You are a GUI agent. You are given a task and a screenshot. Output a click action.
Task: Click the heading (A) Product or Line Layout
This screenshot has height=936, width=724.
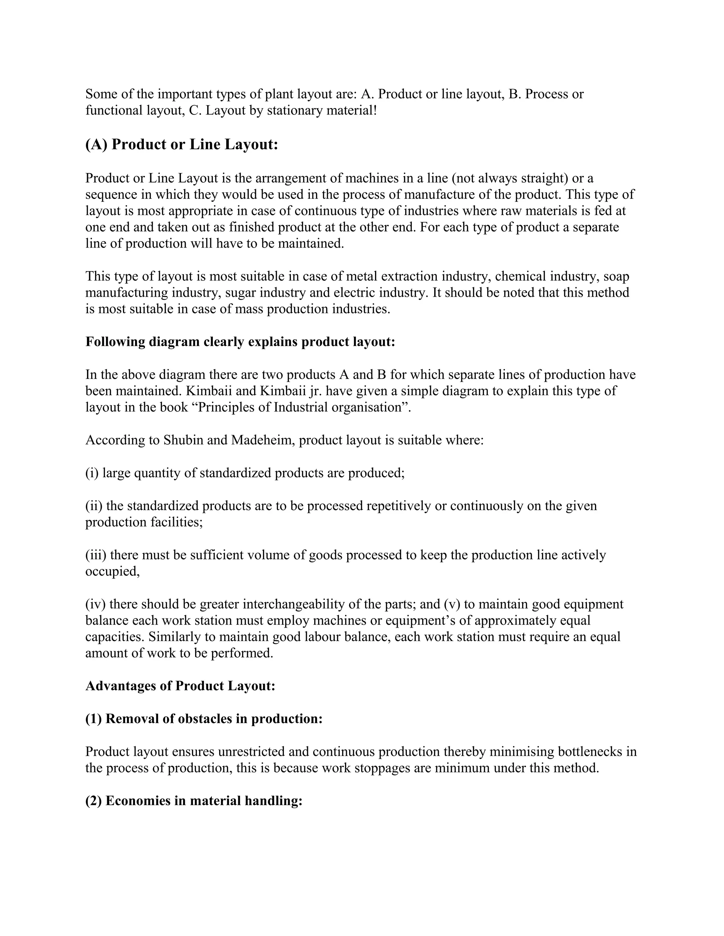(x=181, y=144)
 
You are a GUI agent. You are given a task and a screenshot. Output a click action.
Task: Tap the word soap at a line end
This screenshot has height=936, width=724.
(x=616, y=277)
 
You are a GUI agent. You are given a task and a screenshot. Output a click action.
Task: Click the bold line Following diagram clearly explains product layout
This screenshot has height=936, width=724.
(x=240, y=342)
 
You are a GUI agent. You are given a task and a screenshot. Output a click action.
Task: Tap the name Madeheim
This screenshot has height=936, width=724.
(x=263, y=440)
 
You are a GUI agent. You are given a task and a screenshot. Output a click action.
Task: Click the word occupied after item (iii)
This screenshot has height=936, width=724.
(x=112, y=572)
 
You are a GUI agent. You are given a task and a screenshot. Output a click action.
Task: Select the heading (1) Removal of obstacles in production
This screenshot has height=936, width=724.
(x=204, y=719)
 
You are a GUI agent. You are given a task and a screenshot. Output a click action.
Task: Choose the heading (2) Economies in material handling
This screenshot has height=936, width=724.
(x=194, y=801)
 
